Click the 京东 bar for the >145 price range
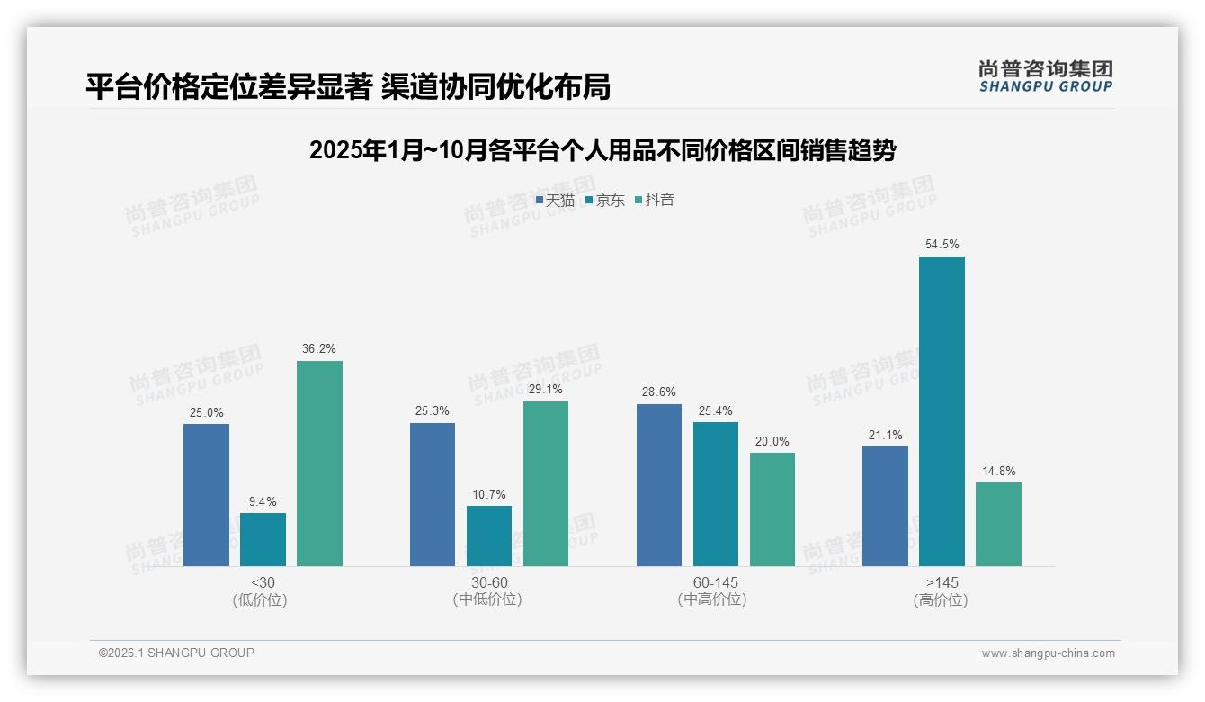click(x=942, y=411)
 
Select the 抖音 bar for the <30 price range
click(x=319, y=463)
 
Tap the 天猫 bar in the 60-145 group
click(x=659, y=485)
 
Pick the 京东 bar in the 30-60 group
click(x=489, y=536)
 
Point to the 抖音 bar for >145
click(x=998, y=525)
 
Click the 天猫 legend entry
click(x=556, y=201)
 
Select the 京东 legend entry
click(x=605, y=201)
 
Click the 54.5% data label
click(x=942, y=245)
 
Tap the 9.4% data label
click(x=263, y=501)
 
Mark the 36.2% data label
click(x=319, y=349)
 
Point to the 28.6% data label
click(x=659, y=392)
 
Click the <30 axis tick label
click(x=263, y=582)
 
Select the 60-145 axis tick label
click(x=715, y=582)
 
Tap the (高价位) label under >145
click(x=941, y=600)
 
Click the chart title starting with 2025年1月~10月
click(x=602, y=150)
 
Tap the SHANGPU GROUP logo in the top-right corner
click(x=1045, y=76)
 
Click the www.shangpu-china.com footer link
click(x=1048, y=653)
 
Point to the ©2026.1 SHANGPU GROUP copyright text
click(x=176, y=652)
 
